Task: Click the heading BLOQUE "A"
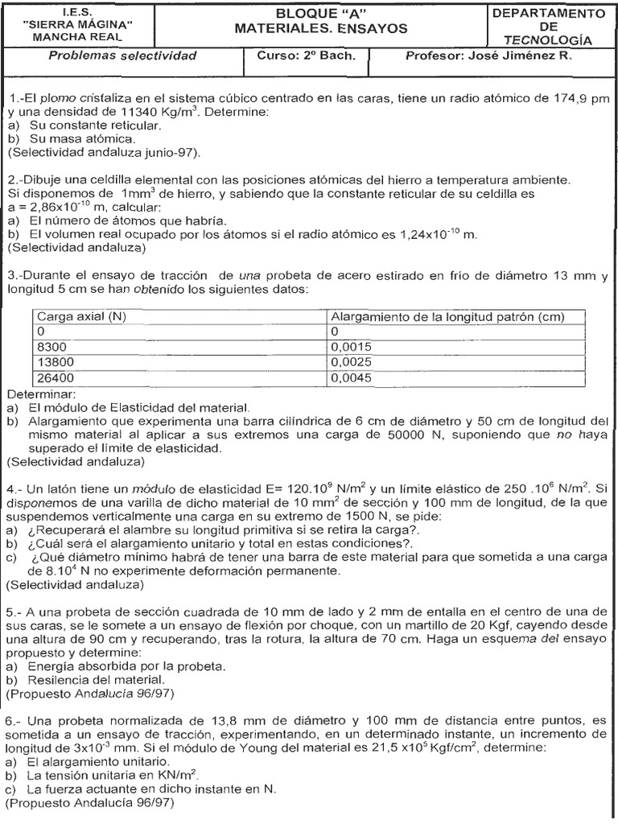pyautogui.click(x=320, y=14)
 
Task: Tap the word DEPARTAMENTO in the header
pyautogui.click(x=549, y=14)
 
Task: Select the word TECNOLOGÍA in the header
pyautogui.click(x=548, y=40)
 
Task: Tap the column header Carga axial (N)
pyautogui.click(x=81, y=317)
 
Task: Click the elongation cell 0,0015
pyautogui.click(x=352, y=346)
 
